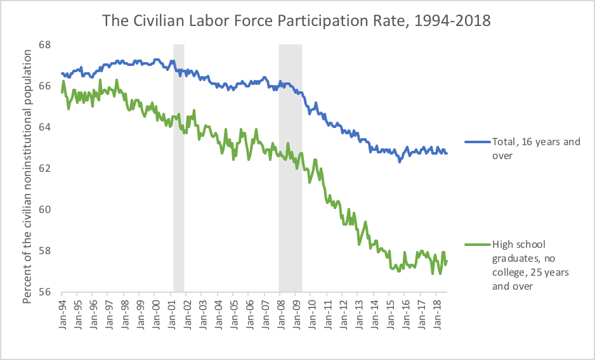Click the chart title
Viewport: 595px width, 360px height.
pyautogui.click(x=297, y=20)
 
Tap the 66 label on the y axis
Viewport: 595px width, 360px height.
pyautogui.click(x=44, y=86)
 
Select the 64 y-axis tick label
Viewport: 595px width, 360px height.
pyautogui.click(x=44, y=127)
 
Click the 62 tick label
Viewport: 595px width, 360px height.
pyautogui.click(x=44, y=169)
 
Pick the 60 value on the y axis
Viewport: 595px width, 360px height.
pyautogui.click(x=44, y=210)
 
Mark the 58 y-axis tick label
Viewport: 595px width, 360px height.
pyautogui.click(x=44, y=251)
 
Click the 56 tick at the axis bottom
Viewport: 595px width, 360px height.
pyautogui.click(x=44, y=292)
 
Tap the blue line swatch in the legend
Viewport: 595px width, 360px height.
pyautogui.click(x=476, y=141)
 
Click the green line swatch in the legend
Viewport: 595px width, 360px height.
pyautogui.click(x=476, y=245)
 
